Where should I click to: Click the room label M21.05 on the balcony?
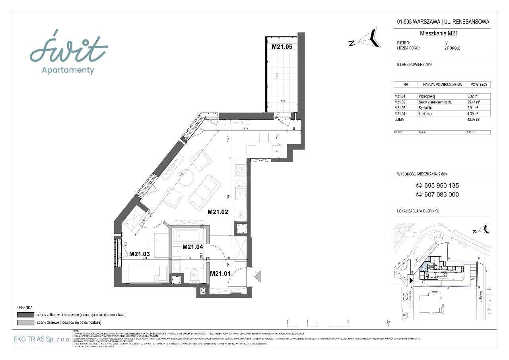(282, 47)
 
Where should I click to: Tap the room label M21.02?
(218, 212)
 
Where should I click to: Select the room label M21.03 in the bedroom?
(139, 254)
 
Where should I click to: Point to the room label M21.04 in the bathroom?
(192, 247)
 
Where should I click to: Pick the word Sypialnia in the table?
(426, 108)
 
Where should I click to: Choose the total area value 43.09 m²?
(473, 119)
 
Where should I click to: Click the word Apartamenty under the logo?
(68, 71)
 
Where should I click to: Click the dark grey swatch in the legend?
(25, 315)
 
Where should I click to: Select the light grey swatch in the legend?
(25, 322)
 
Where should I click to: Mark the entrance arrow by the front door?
(257, 275)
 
